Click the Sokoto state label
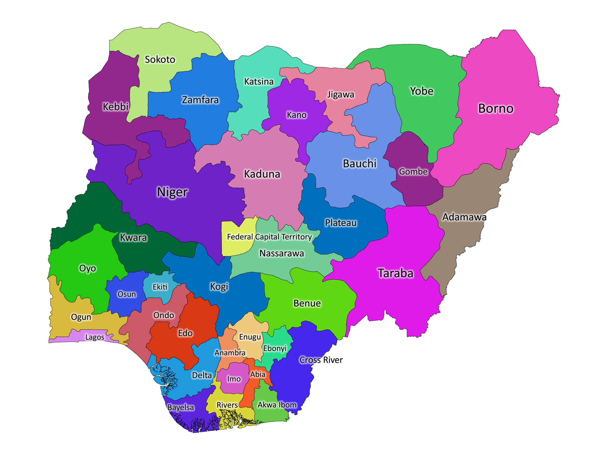point(160,59)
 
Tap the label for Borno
point(496,109)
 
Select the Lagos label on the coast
point(95,337)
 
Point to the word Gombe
point(413,172)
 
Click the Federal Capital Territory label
point(269,237)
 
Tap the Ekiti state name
point(160,287)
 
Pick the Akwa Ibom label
point(277,405)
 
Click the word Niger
point(172,192)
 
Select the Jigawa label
point(340,95)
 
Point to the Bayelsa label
point(181,408)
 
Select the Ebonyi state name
point(275,348)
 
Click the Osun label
point(127,294)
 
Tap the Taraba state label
point(395,273)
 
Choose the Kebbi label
point(115,107)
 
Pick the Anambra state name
point(230,353)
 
